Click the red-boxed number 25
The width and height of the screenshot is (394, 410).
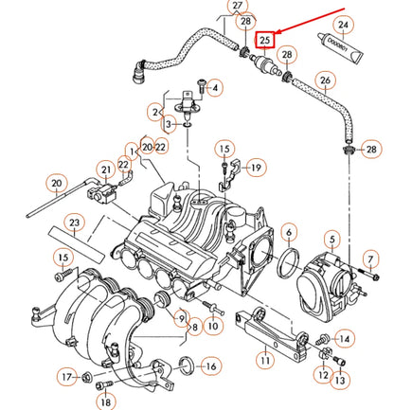click(x=266, y=40)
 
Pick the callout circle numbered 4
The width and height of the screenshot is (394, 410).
click(x=215, y=88)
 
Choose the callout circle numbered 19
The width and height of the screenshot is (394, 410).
click(x=255, y=168)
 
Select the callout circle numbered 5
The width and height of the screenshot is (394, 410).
click(x=332, y=236)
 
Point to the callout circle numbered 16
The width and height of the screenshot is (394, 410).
click(x=210, y=365)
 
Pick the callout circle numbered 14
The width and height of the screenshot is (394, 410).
click(x=344, y=337)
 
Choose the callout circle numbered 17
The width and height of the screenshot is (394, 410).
click(x=65, y=377)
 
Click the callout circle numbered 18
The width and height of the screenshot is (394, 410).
click(x=104, y=401)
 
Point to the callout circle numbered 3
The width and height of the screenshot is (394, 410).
click(x=168, y=124)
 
